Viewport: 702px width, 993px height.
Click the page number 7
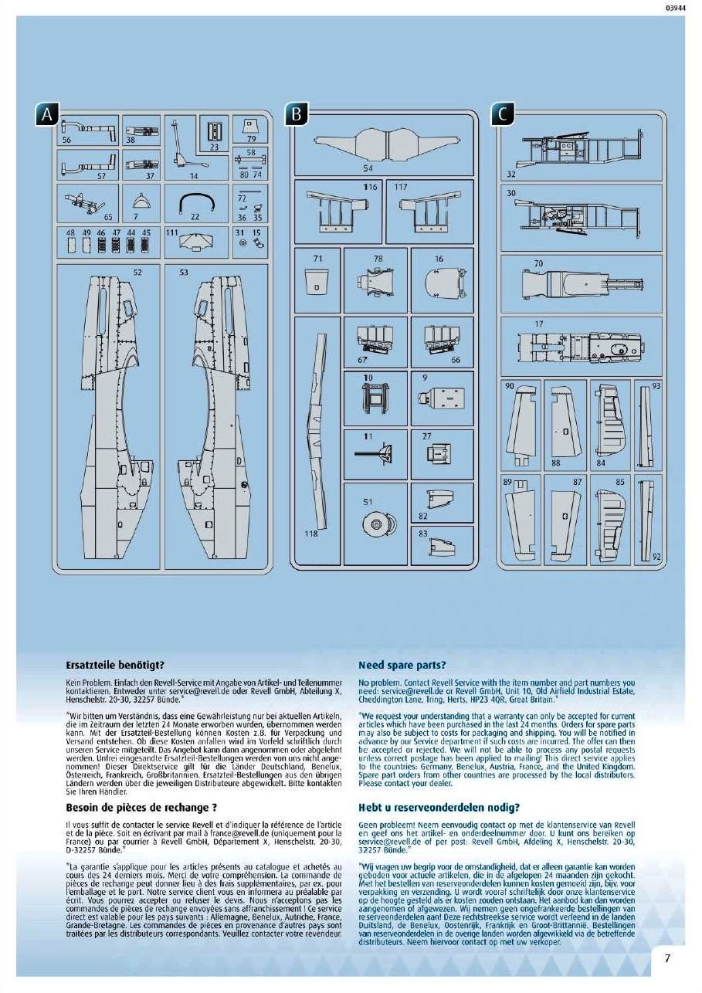(666, 959)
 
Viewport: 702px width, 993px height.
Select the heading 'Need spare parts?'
(402, 664)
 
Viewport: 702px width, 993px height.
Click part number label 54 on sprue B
(368, 168)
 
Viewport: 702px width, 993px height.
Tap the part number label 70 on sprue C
(538, 264)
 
